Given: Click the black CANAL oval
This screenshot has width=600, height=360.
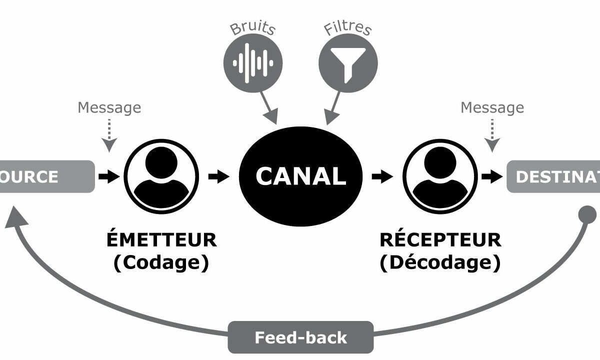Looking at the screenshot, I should pyautogui.click(x=300, y=176).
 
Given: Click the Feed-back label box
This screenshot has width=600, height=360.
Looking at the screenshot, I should pyautogui.click(x=300, y=337).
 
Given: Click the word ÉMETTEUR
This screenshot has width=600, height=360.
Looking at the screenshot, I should pyautogui.click(x=161, y=240).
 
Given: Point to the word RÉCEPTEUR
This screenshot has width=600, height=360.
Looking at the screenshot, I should pyautogui.click(x=440, y=240).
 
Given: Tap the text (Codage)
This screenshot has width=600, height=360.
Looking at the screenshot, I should pyautogui.click(x=161, y=263).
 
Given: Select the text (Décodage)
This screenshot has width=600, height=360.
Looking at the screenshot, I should pyautogui.click(x=440, y=263).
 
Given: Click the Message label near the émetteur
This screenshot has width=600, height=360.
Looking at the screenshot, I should pyautogui.click(x=109, y=107).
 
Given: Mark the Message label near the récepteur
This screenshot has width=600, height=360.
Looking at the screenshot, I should pyautogui.click(x=492, y=107).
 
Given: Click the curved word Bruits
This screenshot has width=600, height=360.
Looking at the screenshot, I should pyautogui.click(x=253, y=27).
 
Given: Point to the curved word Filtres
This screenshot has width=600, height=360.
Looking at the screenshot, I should pyautogui.click(x=348, y=27).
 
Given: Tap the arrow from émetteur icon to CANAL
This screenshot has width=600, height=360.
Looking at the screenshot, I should pyautogui.click(x=218, y=176).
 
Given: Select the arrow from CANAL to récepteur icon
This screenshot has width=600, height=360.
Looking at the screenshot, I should pyautogui.click(x=382, y=176).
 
